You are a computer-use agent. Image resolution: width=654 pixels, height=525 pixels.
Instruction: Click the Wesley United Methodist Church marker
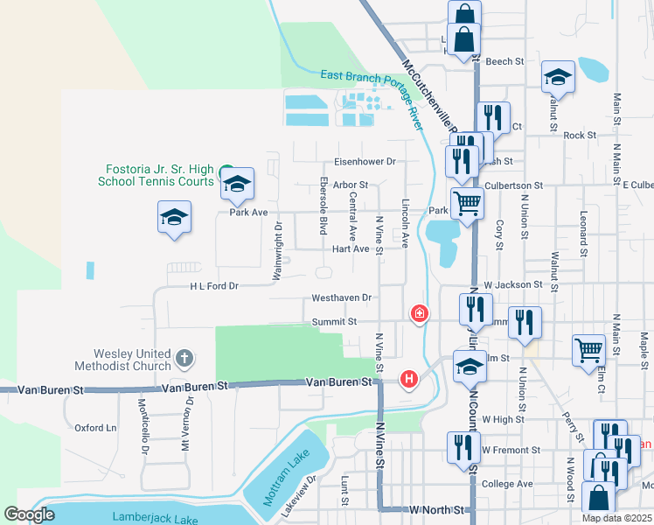click(x=184, y=358)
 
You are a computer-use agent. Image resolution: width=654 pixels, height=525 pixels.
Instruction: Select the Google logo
click(x=30, y=515)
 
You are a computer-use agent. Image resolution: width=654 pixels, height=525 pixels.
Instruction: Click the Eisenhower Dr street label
click(x=365, y=162)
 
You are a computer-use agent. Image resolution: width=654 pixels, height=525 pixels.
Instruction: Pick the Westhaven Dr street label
click(x=342, y=298)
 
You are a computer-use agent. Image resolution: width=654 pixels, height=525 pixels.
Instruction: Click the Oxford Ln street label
click(x=95, y=428)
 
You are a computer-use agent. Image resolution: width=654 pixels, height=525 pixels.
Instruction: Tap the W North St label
click(x=438, y=509)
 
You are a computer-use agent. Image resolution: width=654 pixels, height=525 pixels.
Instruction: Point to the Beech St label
click(x=504, y=62)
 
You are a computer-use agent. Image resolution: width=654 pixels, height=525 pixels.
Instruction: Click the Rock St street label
click(x=580, y=136)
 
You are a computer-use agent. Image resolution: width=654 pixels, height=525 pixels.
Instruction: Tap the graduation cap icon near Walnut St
click(x=557, y=79)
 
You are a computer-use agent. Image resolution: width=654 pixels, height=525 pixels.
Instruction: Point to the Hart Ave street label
click(x=351, y=249)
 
